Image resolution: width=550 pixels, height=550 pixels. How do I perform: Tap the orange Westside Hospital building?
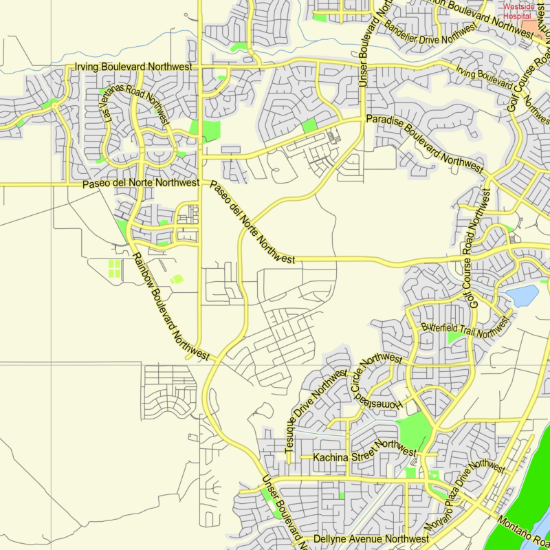(530, 26)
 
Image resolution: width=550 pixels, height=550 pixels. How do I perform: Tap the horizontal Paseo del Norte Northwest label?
(141, 184)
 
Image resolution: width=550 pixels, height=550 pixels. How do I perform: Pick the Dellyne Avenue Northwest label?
(371, 540)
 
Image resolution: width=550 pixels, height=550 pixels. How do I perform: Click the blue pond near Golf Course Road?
(523, 296)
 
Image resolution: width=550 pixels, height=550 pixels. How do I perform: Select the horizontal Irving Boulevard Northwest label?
(133, 67)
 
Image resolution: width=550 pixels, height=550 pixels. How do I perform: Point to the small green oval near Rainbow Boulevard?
(177, 279)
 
